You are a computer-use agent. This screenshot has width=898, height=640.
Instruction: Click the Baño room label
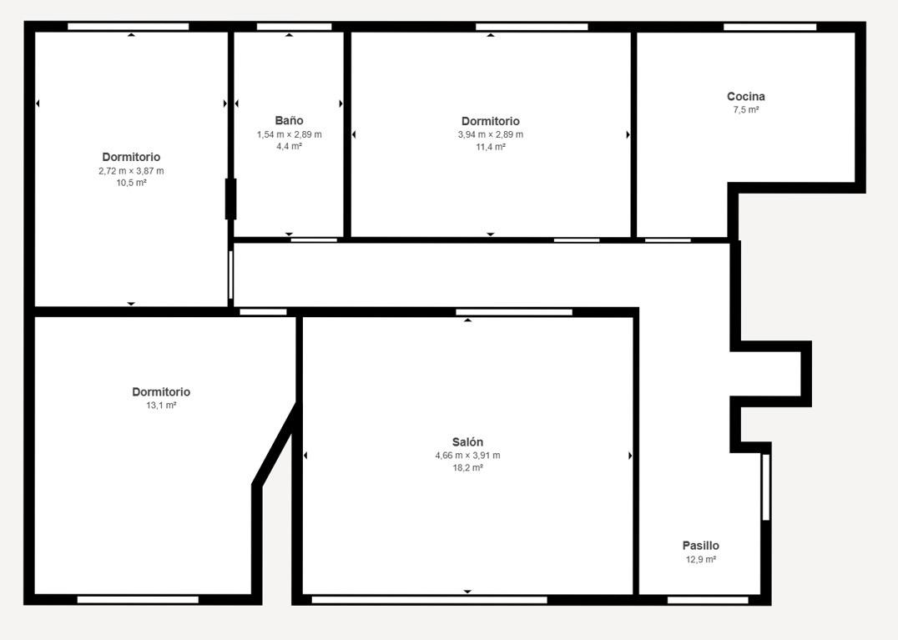[289, 120]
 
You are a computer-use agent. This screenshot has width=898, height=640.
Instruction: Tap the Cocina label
[745, 96]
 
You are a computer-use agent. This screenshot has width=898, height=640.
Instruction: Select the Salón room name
[467, 441]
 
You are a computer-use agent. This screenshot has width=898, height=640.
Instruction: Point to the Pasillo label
[700, 546]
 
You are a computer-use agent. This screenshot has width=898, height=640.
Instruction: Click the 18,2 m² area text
[467, 467]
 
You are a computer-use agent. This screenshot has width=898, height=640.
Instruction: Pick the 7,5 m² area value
[745, 110]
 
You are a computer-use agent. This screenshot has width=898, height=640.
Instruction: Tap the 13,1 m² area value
[161, 406]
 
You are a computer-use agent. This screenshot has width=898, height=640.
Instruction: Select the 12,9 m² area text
[700, 559]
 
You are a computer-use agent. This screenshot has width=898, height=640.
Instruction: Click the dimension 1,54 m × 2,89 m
[289, 134]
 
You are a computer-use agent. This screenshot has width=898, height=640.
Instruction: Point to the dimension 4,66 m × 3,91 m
[467, 456]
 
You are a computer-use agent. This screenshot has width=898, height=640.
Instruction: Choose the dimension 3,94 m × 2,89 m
[490, 134]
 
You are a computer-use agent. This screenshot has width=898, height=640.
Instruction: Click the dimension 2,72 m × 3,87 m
[131, 170]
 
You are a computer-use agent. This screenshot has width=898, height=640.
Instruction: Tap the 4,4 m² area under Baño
[289, 147]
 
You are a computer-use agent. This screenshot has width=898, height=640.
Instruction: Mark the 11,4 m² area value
[490, 147]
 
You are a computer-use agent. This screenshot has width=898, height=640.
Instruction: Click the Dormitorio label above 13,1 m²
[161, 391]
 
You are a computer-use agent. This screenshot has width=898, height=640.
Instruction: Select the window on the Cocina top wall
[769, 27]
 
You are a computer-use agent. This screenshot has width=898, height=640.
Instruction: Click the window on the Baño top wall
[294, 27]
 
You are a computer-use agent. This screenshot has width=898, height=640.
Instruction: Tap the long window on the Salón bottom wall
[429, 600]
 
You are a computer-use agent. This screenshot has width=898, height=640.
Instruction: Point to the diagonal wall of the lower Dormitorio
[275, 445]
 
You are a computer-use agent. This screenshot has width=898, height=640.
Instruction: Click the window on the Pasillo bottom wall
[708, 600]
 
